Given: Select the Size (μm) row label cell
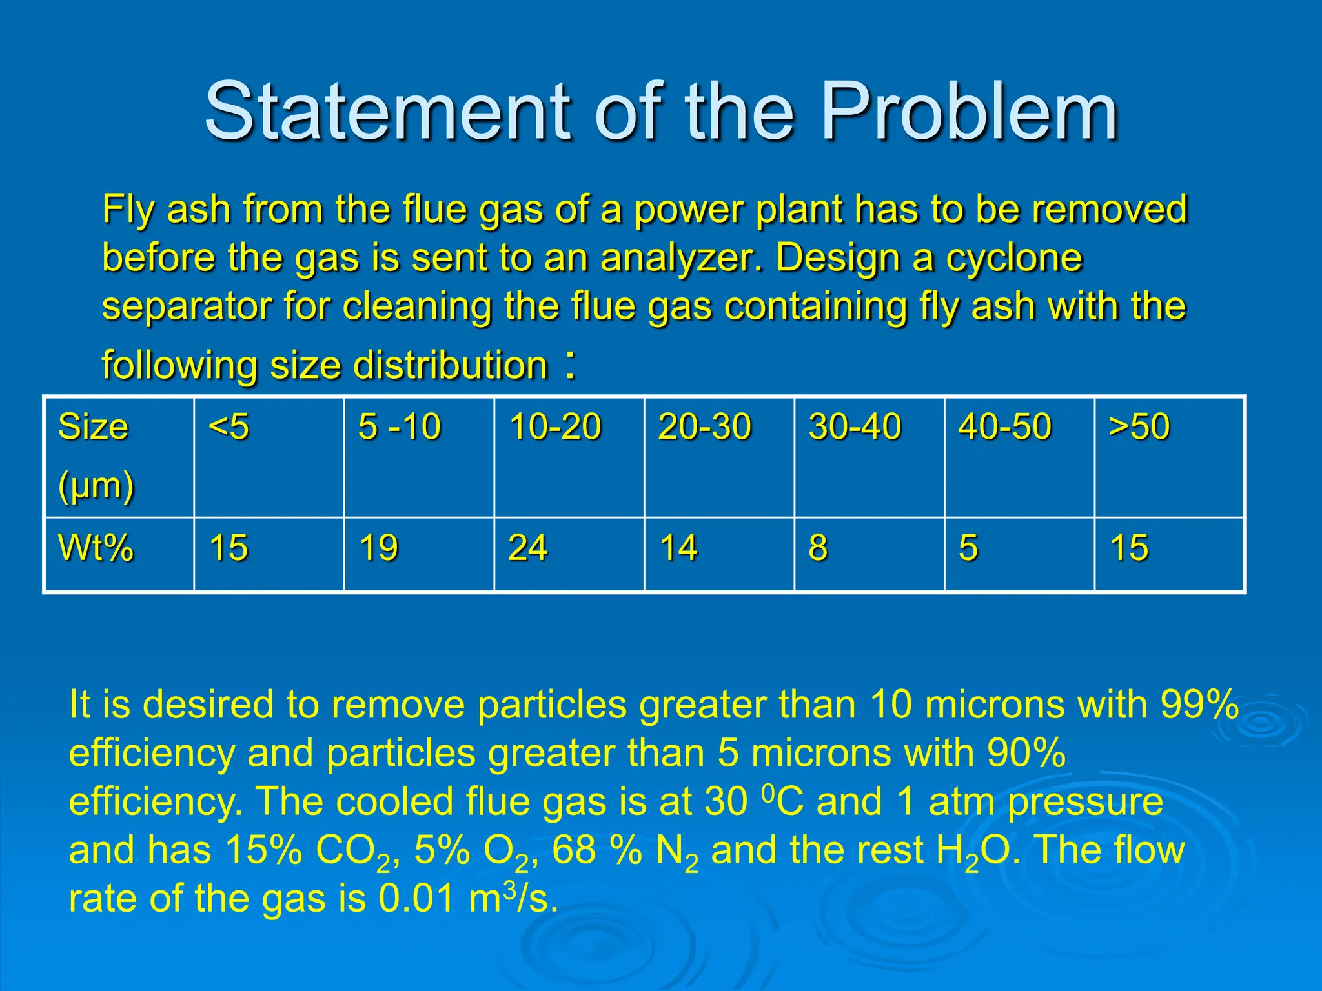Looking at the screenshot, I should pyautogui.click(x=119, y=457).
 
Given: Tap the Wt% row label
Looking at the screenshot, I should pyautogui.click(x=96, y=548).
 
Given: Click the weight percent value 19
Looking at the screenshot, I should pyautogui.click(x=379, y=548).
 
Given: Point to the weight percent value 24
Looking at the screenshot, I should pyautogui.click(x=528, y=548).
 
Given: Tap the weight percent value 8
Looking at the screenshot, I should pyautogui.click(x=818, y=548).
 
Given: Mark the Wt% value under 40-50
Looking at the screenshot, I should pyautogui.click(x=968, y=548).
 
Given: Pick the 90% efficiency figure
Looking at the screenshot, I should pyautogui.click(x=1026, y=753).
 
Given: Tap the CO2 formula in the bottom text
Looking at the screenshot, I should pyautogui.click(x=352, y=852).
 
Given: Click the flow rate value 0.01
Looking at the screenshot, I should pyautogui.click(x=416, y=899).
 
